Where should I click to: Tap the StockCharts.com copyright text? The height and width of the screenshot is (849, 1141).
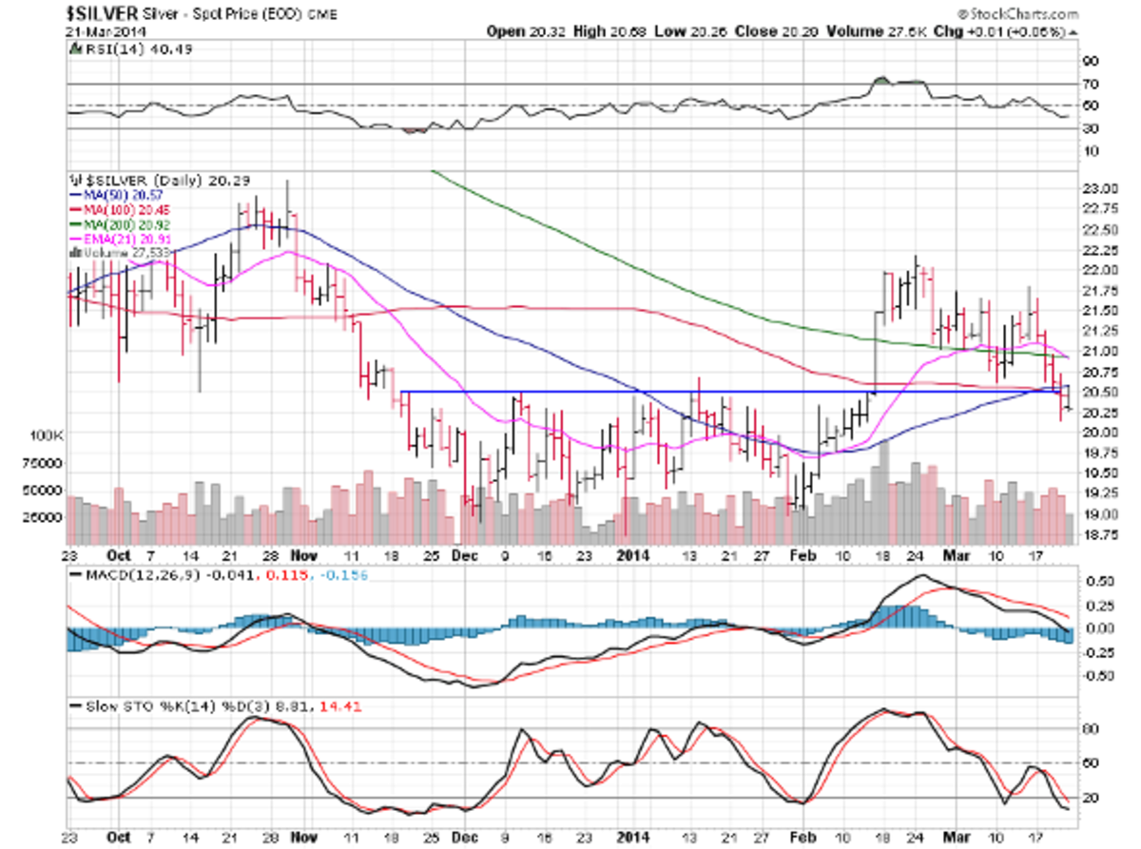click(1015, 15)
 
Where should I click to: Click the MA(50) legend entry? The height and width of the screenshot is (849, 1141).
click(127, 194)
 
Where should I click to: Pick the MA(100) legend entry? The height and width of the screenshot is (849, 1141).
click(129, 209)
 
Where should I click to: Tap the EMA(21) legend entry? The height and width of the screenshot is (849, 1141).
click(130, 240)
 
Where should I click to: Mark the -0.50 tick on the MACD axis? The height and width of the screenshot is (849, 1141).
click(1102, 676)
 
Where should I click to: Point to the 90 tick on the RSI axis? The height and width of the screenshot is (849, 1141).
click(1094, 60)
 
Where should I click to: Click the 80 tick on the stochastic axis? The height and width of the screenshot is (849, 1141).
click(1094, 729)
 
